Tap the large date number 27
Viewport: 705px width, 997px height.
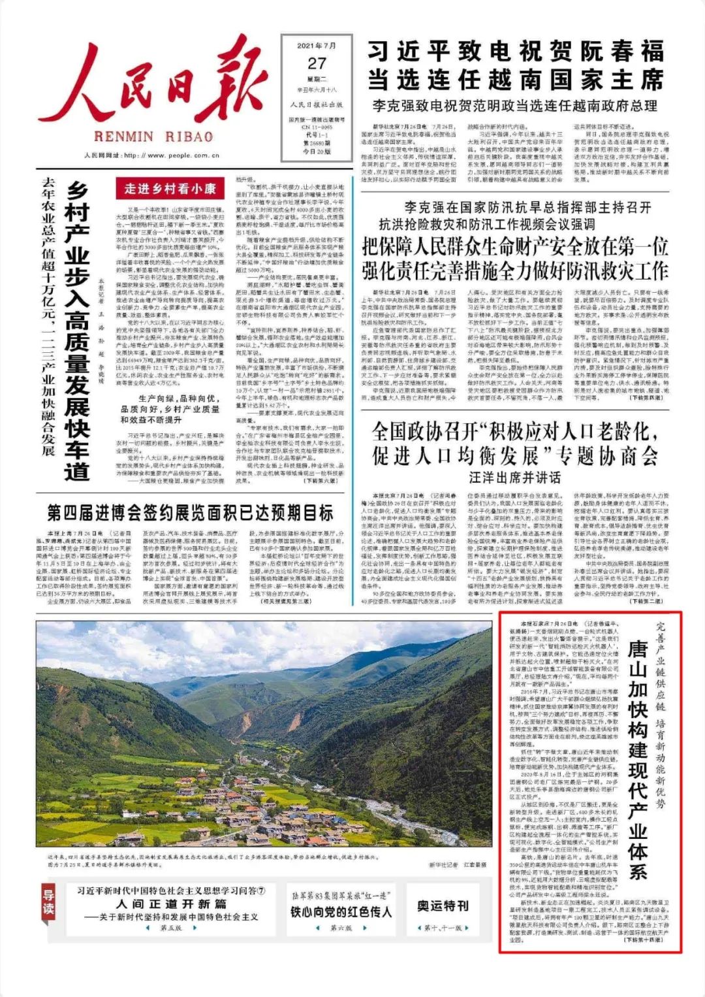click(317, 63)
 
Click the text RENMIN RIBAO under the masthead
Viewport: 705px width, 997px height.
click(153, 137)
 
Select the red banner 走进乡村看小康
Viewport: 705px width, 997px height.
click(170, 189)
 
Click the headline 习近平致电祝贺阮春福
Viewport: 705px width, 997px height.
click(516, 52)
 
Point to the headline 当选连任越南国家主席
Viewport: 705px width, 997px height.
click(516, 80)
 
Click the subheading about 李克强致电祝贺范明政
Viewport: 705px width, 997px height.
click(516, 105)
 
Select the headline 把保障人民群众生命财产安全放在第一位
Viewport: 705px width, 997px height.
click(516, 247)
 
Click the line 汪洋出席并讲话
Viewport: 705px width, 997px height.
click(515, 477)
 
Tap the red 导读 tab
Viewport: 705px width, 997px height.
click(48, 902)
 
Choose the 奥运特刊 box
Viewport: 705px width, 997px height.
click(443, 906)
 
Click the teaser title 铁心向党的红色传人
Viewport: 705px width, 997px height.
click(341, 911)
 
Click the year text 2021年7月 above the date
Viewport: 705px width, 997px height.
click(317, 46)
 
